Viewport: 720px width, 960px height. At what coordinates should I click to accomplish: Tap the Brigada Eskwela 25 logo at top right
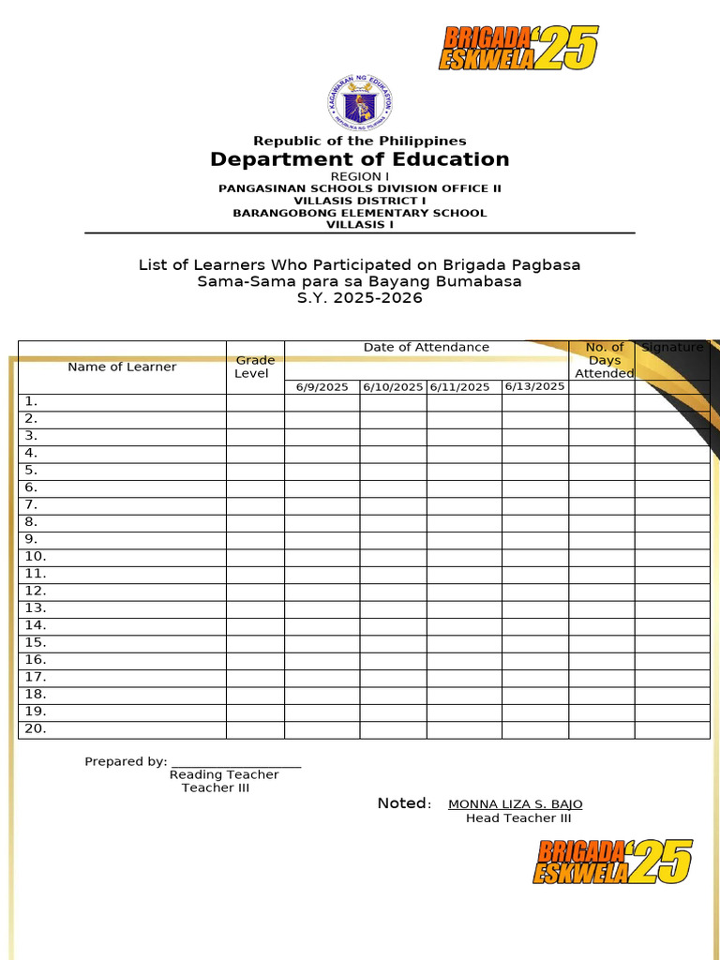click(517, 48)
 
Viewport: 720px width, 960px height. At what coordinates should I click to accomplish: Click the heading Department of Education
click(360, 159)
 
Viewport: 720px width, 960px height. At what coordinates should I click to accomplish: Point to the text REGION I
click(360, 176)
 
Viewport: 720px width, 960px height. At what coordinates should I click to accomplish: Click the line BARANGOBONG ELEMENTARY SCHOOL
click(360, 213)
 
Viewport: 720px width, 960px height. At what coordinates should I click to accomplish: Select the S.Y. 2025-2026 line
click(360, 298)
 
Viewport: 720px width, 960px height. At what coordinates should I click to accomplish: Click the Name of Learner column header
click(122, 367)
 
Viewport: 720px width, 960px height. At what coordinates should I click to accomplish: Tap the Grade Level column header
click(255, 367)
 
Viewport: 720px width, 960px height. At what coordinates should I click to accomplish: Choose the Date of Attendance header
click(427, 348)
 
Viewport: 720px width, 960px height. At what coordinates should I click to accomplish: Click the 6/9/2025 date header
click(322, 387)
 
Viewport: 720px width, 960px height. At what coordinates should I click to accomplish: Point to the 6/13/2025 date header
click(534, 386)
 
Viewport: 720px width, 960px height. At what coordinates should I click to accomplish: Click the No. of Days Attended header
click(604, 360)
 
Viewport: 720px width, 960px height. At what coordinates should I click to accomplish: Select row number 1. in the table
click(31, 401)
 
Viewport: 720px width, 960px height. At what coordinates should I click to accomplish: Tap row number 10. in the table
click(35, 556)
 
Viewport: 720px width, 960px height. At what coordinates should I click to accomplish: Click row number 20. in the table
click(35, 728)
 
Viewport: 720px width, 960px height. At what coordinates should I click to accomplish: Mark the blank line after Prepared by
click(236, 764)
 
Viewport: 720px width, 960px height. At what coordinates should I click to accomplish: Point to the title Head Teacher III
click(518, 818)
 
